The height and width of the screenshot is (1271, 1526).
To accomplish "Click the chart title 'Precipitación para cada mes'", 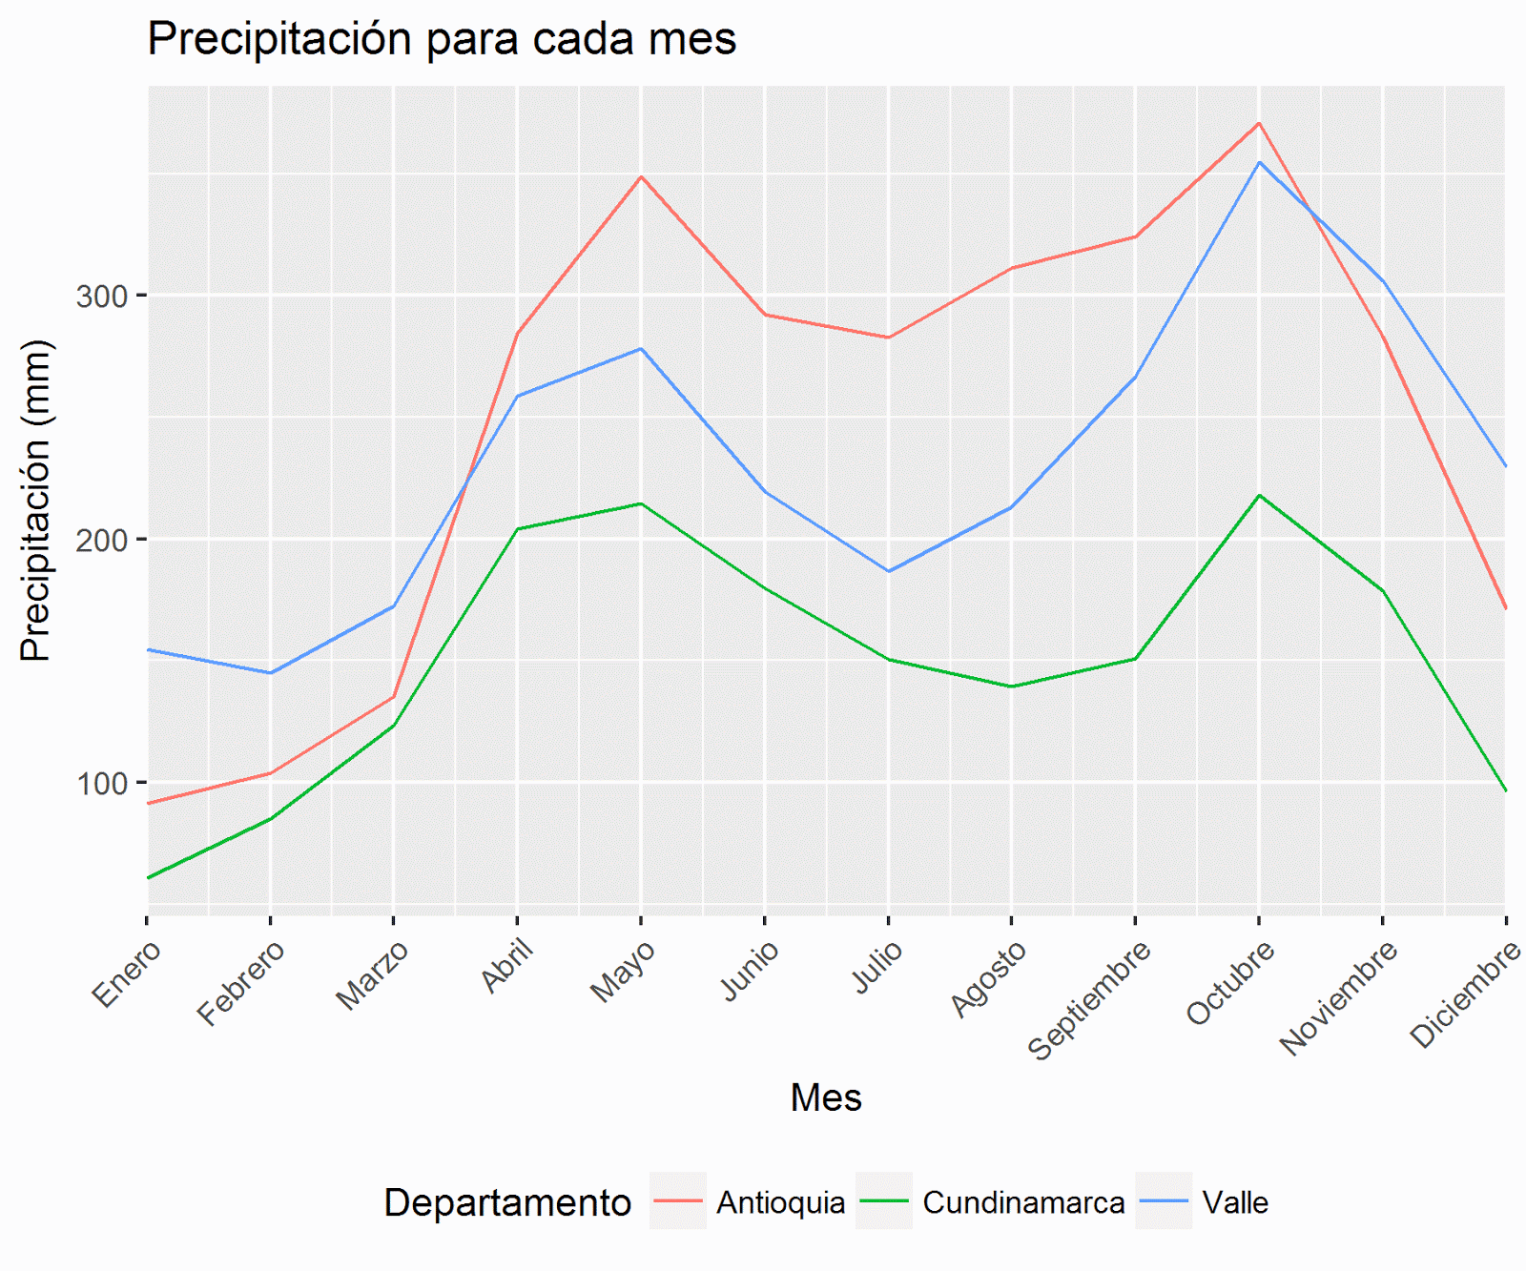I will (x=442, y=40).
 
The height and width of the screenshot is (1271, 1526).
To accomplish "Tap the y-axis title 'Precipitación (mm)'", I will (x=36, y=500).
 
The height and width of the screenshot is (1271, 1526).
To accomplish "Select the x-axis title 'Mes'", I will (x=826, y=1097).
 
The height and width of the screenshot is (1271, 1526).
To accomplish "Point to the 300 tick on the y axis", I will (x=102, y=297).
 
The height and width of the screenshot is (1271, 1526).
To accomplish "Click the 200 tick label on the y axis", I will (x=102, y=540).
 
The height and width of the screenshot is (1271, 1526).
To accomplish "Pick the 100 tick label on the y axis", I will (x=102, y=784).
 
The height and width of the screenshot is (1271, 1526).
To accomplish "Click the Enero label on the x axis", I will (x=127, y=973).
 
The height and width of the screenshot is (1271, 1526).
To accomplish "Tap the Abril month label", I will (x=507, y=965).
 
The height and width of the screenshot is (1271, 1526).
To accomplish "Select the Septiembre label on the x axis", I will (x=1089, y=999).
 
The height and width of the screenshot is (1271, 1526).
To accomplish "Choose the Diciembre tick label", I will (x=1466, y=994).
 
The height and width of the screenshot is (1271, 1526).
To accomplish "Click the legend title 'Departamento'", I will (x=507, y=1202).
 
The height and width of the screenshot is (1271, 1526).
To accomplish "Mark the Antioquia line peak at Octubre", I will (x=1259, y=123).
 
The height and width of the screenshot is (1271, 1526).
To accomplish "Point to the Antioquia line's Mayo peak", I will (x=641, y=176).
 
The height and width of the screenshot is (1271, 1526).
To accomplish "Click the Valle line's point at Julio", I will (x=888, y=571).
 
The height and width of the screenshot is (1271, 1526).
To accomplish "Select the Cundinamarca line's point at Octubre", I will (x=1259, y=495).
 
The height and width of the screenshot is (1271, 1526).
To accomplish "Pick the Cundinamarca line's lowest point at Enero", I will (x=149, y=877).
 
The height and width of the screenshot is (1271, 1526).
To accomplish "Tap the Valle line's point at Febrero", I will (x=271, y=673).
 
